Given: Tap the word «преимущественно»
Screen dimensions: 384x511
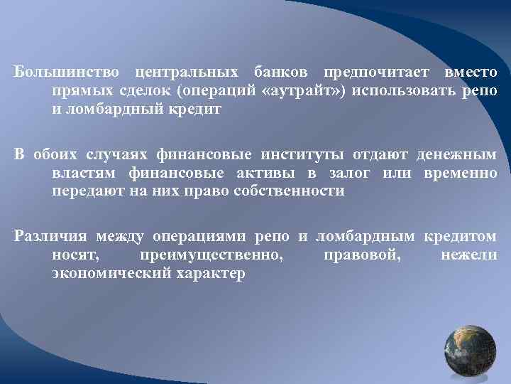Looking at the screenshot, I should [x=211, y=255].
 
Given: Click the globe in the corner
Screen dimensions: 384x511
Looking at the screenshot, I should [x=470, y=353].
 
